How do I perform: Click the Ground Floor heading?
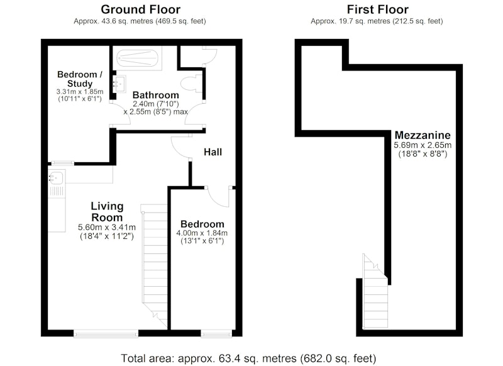click(140, 9)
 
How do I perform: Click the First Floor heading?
click(377, 9)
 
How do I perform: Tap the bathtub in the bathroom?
click(138, 58)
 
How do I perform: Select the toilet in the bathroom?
click(191, 84)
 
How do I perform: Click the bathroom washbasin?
click(119, 84)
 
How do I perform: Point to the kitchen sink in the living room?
click(57, 177)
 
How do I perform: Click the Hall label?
click(213, 152)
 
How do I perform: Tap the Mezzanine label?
click(423, 135)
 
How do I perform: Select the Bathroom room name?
click(155, 95)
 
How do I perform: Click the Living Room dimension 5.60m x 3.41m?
click(107, 228)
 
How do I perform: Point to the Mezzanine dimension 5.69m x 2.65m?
click(423, 145)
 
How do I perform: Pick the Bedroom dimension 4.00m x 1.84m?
click(202, 233)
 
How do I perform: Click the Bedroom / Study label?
click(80, 79)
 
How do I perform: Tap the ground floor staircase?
click(154, 267)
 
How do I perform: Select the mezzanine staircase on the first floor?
click(375, 291)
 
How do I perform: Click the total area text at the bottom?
click(248, 358)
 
